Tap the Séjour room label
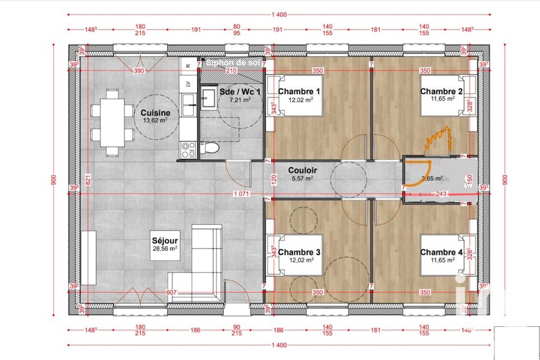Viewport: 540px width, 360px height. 164,240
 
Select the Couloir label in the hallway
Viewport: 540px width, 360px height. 303,170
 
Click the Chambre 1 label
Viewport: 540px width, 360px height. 299,91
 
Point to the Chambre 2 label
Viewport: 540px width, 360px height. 441,91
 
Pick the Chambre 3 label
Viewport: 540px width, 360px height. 299,252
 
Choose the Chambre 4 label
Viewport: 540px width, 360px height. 441,252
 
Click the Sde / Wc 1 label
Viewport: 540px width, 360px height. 239,91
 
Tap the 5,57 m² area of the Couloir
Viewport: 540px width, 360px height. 303,178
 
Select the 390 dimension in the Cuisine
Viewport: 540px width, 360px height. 139,71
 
